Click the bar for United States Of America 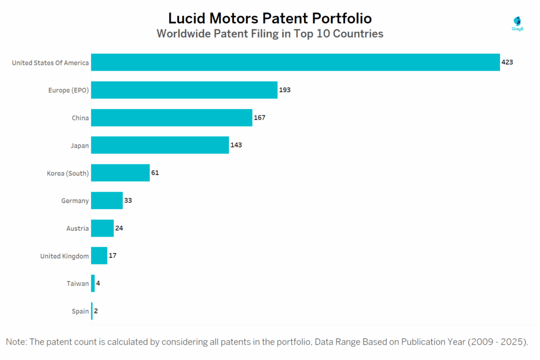click(x=295, y=62)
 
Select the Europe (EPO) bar click(x=184, y=90)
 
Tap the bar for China click(x=171, y=118)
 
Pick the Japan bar click(x=160, y=145)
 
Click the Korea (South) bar click(x=120, y=173)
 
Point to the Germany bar click(x=107, y=200)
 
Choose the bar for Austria click(x=102, y=228)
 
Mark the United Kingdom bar click(x=99, y=256)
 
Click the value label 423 click(x=507, y=62)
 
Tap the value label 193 click(x=285, y=90)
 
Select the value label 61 click(x=155, y=173)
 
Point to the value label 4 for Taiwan click(x=98, y=284)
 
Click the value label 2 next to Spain click(x=96, y=311)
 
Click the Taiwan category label click(x=78, y=284)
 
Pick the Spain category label click(x=80, y=311)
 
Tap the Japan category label click(x=80, y=145)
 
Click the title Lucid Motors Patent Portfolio click(x=269, y=18)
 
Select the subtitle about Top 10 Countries click(x=269, y=34)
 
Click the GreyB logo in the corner click(x=518, y=23)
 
